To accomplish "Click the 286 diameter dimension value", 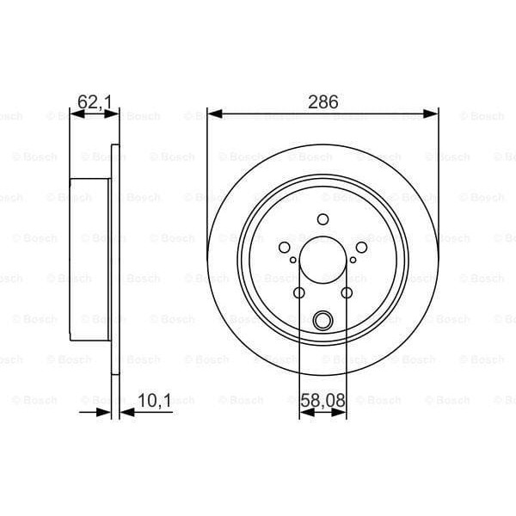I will [323, 101].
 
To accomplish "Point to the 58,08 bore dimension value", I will [322, 400].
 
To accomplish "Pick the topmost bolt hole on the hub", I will [322, 219].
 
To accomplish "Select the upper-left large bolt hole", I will [285, 249].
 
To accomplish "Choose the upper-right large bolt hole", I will [361, 249].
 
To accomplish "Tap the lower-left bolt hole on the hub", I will [299, 293].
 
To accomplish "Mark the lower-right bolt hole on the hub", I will [347, 293].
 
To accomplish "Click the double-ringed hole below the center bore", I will [322, 321].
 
